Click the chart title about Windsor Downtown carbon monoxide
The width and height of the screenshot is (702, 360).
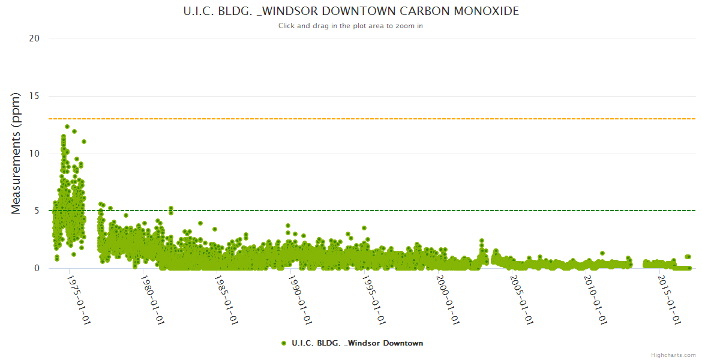(x=351, y=11)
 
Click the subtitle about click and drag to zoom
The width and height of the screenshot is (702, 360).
(x=351, y=26)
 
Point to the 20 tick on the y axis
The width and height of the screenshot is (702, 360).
(x=34, y=38)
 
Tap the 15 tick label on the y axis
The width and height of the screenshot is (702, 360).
(x=34, y=96)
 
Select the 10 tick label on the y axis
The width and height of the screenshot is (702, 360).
(x=34, y=154)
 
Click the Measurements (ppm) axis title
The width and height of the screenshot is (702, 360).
(x=16, y=153)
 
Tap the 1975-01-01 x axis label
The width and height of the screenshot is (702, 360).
(x=78, y=300)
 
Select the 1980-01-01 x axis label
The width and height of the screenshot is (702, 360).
(x=152, y=300)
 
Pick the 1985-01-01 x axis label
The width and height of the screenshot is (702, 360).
(x=226, y=300)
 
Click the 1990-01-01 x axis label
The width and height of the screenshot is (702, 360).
(x=299, y=300)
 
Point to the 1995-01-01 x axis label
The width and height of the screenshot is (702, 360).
(x=373, y=300)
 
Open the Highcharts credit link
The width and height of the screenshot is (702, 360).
(x=673, y=355)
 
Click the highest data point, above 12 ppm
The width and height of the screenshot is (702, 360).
(x=67, y=127)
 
